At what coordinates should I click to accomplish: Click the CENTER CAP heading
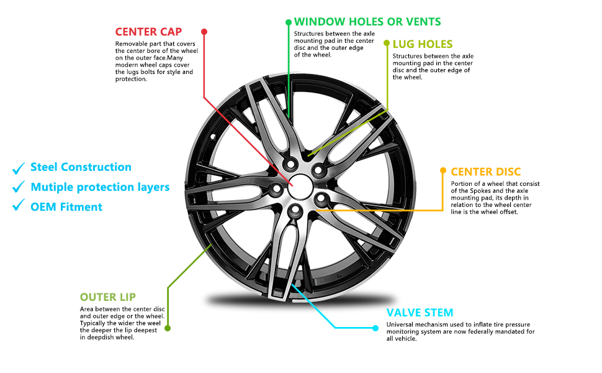pyautogui.click(x=148, y=32)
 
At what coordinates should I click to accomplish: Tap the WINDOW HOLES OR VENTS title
pyautogui.click(x=367, y=22)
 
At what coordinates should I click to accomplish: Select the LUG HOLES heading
pyautogui.click(x=423, y=44)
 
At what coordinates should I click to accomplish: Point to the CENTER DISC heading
pyautogui.click(x=486, y=172)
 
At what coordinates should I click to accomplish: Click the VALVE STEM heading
pyautogui.click(x=420, y=313)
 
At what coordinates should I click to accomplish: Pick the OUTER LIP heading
pyautogui.click(x=108, y=297)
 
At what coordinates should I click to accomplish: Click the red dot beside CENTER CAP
pyautogui.click(x=204, y=32)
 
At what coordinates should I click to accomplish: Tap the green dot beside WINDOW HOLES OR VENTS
pyautogui.click(x=289, y=22)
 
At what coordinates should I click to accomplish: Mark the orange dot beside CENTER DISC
pyautogui.click(x=443, y=170)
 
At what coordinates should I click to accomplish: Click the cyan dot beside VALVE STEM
pyautogui.click(x=375, y=328)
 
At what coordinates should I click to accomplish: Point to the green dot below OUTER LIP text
pyautogui.click(x=168, y=328)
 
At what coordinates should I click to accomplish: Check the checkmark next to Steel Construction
pyautogui.click(x=19, y=168)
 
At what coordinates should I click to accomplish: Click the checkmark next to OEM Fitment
pyautogui.click(x=19, y=205)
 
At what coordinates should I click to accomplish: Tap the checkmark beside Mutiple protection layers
pyautogui.click(x=19, y=186)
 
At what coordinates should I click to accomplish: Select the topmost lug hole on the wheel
pyautogui.click(x=290, y=165)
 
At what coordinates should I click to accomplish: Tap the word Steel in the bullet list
pyautogui.click(x=44, y=167)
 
